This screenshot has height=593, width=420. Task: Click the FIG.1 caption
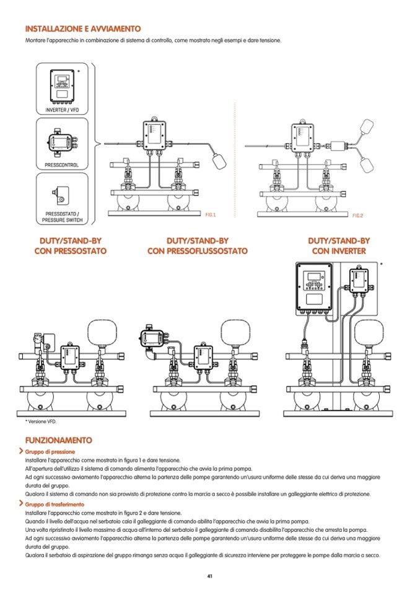tap(210, 214)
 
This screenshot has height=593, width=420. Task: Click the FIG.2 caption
tap(357, 215)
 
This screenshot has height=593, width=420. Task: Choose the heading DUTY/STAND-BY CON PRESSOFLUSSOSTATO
tap(197, 245)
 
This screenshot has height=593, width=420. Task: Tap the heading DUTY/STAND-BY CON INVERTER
tap(338, 245)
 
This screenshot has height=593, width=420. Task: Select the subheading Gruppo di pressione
tap(50, 453)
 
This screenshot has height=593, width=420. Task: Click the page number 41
tap(210, 576)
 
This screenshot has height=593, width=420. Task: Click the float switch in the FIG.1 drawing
tap(219, 160)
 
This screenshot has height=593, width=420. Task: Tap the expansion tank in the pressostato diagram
tap(102, 333)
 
